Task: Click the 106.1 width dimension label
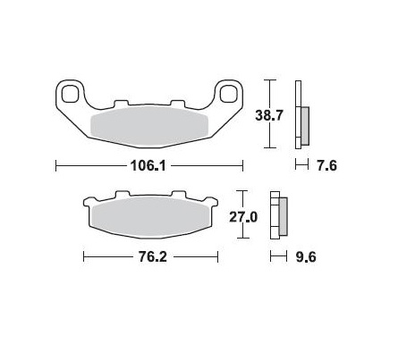(x=149, y=166)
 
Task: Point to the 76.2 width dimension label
(x=150, y=257)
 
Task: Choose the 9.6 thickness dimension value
(x=306, y=257)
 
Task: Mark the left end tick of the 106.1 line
(x=56, y=166)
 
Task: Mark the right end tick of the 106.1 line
(x=242, y=166)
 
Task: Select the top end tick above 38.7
(x=267, y=80)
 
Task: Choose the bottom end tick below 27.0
(x=240, y=240)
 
